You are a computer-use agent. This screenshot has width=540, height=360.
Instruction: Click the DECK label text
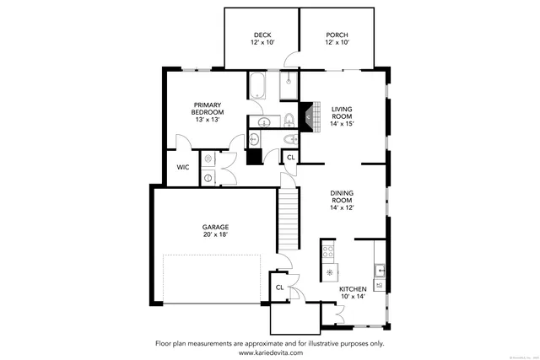262,35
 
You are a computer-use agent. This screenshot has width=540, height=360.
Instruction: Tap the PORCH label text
337,35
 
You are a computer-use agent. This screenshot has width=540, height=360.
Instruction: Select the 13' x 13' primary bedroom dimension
207,120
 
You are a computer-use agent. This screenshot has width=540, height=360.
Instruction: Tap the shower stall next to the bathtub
289,85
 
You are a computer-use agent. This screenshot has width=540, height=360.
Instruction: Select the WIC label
182,167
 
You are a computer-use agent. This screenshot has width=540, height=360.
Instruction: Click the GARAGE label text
215,227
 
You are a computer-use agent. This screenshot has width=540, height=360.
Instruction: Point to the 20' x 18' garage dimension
215,234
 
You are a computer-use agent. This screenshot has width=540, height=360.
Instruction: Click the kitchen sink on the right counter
380,271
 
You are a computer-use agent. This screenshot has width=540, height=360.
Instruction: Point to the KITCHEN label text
353,289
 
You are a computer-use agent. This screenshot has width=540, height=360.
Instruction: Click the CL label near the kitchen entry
279,287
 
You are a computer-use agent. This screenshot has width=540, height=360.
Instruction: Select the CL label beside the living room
291,158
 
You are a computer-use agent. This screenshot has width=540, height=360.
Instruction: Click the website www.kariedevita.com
269,352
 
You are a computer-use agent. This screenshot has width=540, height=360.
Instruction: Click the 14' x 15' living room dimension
342,124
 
